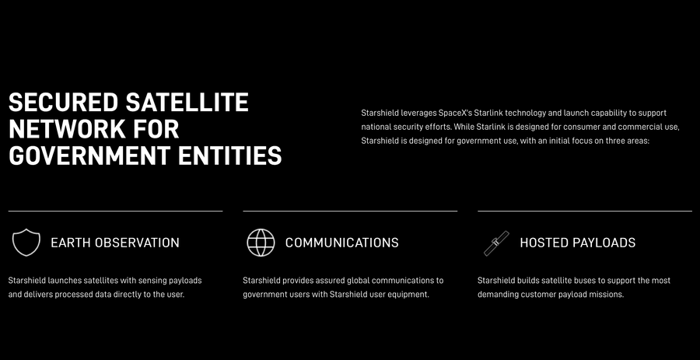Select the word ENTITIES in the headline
[x=230, y=156]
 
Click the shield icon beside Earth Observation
[x=26, y=243]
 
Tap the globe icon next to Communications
[x=261, y=243]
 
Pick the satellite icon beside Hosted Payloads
[x=496, y=243]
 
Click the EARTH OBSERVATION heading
[x=115, y=243]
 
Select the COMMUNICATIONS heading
[x=342, y=243]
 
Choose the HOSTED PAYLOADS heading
[x=578, y=243]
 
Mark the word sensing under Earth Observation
[x=152, y=281]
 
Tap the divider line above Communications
[x=350, y=211]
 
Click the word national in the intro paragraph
[x=375, y=127]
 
